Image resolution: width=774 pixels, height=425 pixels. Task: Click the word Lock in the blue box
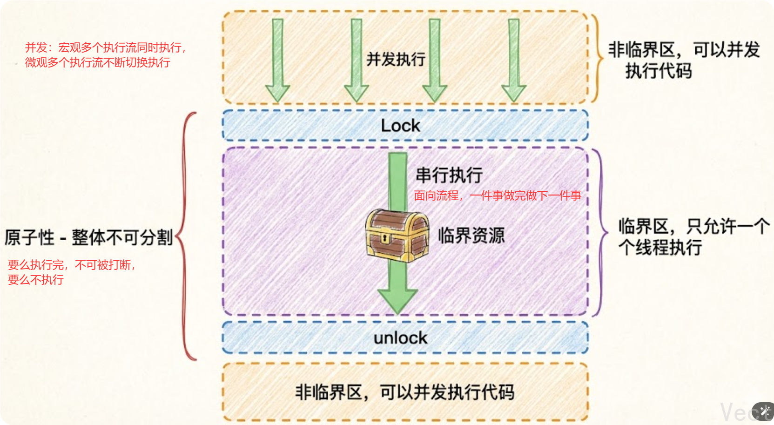pyautogui.click(x=400, y=126)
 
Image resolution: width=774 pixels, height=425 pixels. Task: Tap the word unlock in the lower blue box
pyautogui.click(x=400, y=338)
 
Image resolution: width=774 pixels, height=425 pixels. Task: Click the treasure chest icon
pyautogui.click(x=397, y=236)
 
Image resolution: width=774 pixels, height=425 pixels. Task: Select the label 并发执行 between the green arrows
pyautogui.click(x=396, y=59)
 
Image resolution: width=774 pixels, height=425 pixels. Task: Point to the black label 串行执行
pyautogui.click(x=449, y=175)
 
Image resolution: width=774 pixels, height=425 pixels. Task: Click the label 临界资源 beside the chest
pyautogui.click(x=471, y=235)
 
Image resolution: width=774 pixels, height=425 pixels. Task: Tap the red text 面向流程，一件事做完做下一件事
pyautogui.click(x=498, y=196)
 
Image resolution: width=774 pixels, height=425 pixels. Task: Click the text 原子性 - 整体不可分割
pyautogui.click(x=88, y=237)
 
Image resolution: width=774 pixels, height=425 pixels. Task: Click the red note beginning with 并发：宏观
pyautogui.click(x=105, y=54)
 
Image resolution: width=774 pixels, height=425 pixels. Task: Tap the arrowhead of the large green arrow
pyautogui.click(x=397, y=300)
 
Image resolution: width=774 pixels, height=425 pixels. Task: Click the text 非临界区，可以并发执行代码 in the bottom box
pyautogui.click(x=405, y=392)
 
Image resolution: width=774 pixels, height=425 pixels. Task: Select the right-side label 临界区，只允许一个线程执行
pyautogui.click(x=693, y=237)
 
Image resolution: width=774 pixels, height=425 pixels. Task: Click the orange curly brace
pyautogui.click(x=596, y=58)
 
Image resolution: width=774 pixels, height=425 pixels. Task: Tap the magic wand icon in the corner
pyautogui.click(x=764, y=411)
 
